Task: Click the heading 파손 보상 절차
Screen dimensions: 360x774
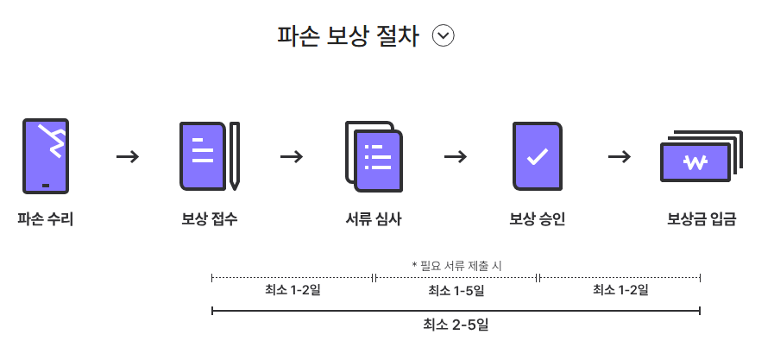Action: point(348,36)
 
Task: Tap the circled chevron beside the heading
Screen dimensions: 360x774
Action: point(444,36)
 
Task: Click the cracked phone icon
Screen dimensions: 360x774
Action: point(45,156)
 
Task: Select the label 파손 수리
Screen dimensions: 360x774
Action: point(45,219)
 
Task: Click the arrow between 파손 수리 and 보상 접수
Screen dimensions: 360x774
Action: point(128,156)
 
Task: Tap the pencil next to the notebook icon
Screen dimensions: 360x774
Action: point(234,156)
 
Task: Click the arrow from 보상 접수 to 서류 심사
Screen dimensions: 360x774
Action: point(292,156)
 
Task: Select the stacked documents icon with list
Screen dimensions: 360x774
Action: point(374,156)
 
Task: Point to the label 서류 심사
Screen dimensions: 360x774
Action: point(373,219)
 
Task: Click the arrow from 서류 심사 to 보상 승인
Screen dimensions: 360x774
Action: point(456,156)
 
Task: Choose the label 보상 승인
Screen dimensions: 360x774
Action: point(537,219)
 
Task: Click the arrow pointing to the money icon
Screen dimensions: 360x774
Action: point(620,156)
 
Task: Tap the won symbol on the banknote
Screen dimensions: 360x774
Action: point(694,162)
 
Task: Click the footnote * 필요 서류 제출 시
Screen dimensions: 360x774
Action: point(456,266)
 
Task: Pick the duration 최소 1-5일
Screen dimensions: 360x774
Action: point(456,291)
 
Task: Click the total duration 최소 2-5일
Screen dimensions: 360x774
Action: point(456,325)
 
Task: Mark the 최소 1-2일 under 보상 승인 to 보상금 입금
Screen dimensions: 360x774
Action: point(620,290)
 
